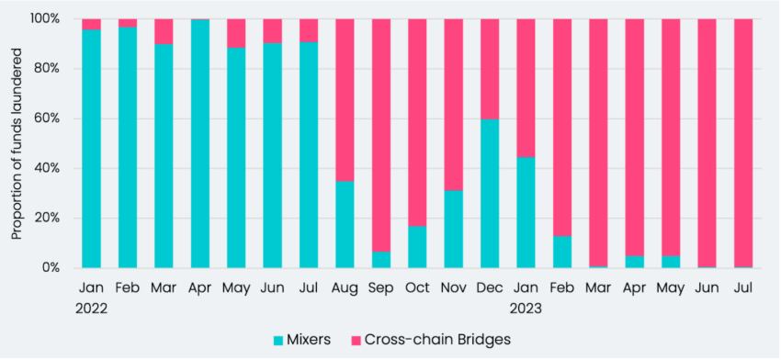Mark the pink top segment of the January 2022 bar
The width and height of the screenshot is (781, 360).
click(92, 24)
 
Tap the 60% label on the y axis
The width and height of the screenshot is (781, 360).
click(48, 118)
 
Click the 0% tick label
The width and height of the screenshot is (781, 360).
click(51, 268)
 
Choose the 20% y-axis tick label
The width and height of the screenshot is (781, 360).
click(48, 219)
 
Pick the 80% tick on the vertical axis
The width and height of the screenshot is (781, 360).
click(48, 69)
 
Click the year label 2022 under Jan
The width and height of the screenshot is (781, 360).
click(92, 309)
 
